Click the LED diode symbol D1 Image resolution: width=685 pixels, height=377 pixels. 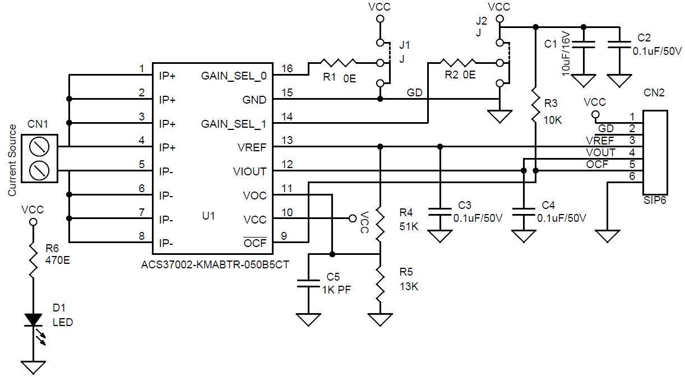coord(33,320)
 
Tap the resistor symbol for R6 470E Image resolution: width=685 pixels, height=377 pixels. coord(33,260)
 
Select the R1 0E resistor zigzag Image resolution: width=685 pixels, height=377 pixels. coord(338,63)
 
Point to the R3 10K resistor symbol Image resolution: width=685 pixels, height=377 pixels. coord(535,105)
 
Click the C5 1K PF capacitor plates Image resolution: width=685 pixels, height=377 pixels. coord(308,283)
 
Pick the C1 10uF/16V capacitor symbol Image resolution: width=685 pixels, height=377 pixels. coord(584,45)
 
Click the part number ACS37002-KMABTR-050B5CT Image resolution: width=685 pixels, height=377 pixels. coord(215,264)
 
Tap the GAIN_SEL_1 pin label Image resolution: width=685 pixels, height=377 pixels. coord(234,124)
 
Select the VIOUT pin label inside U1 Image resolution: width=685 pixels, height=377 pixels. coord(249,172)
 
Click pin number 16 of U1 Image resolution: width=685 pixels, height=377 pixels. coord(287,68)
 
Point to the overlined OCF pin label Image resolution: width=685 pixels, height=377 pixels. coord(255,243)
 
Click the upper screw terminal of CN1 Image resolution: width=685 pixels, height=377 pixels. coord(39,147)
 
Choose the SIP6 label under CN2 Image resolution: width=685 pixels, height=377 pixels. coord(655,201)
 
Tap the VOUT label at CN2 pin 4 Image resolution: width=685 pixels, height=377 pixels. coord(600,152)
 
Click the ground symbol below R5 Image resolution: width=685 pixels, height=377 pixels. coord(380,320)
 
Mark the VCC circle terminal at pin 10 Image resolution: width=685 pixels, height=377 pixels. coord(353,218)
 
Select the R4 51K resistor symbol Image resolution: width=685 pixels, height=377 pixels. coord(380,225)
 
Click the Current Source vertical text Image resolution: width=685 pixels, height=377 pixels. coord(12,160)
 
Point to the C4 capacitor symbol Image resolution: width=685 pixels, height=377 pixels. coord(524,212)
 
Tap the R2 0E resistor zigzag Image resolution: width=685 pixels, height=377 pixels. coord(458,63)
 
